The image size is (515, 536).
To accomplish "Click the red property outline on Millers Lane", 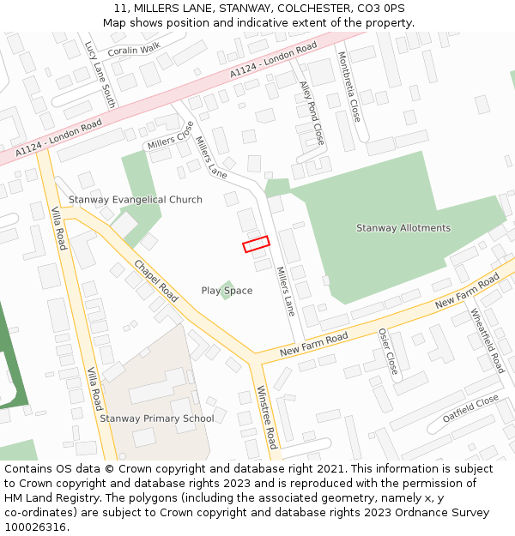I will pyautogui.click(x=256, y=244).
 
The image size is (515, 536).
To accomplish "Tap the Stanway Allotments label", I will pyautogui.click(x=403, y=228).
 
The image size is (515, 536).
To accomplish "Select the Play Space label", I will pyautogui.click(x=227, y=291).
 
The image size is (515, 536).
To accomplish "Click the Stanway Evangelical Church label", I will pyautogui.click(x=136, y=200).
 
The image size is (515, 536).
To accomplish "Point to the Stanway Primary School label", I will pyautogui.click(x=156, y=419).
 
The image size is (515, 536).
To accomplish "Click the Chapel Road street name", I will pyautogui.click(x=155, y=281).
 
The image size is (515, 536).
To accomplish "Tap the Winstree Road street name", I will pyautogui.click(x=267, y=417).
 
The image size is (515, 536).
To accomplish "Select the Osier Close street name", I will pyautogui.click(x=388, y=352).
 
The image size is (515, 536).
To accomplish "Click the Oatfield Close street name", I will pyautogui.click(x=470, y=408).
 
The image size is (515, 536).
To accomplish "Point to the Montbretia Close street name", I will pyautogui.click(x=348, y=86).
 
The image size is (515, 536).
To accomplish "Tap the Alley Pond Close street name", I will pyautogui.click(x=312, y=112).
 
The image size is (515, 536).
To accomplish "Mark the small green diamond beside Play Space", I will pyautogui.click(x=227, y=288).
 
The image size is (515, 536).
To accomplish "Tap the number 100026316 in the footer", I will pyautogui.click(x=34, y=527).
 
